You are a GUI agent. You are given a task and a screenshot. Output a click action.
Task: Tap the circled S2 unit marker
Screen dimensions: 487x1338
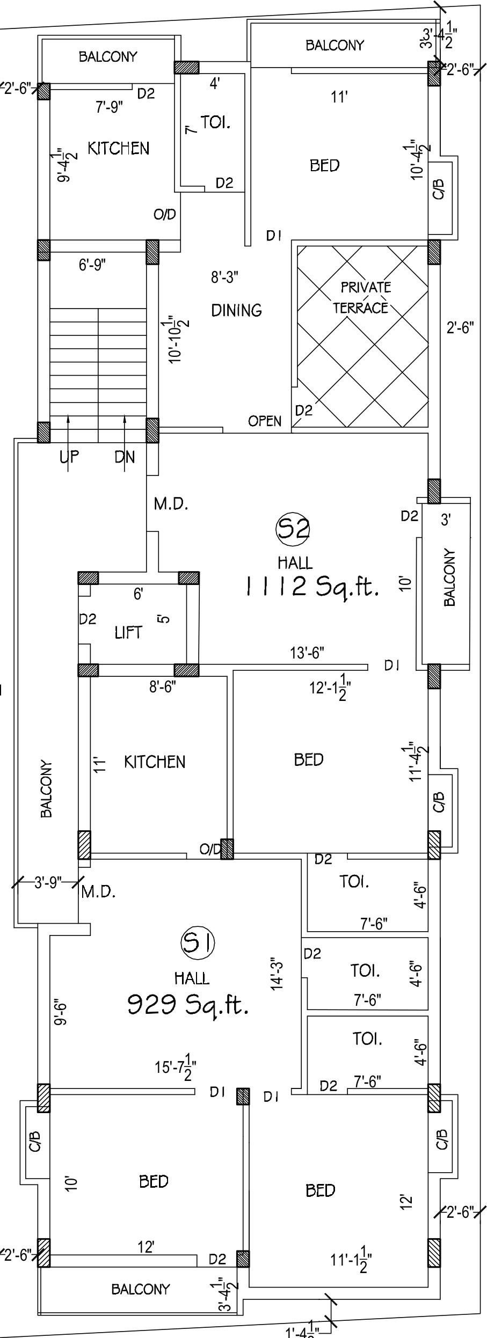click(x=293, y=529)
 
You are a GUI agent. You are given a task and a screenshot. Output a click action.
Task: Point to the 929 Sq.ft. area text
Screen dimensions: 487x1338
click(x=188, y=1004)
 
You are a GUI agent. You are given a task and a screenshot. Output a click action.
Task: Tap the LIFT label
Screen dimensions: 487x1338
click(x=128, y=633)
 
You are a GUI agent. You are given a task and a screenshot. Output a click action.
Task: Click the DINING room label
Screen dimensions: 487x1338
click(x=236, y=310)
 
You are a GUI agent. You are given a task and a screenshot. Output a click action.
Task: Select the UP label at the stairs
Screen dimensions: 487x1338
click(x=69, y=457)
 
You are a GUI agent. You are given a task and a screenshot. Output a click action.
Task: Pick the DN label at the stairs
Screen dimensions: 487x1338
click(x=125, y=457)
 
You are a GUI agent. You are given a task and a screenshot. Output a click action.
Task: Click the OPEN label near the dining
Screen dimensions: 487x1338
click(x=265, y=421)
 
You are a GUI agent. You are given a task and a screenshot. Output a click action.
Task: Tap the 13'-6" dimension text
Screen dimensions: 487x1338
click(x=307, y=653)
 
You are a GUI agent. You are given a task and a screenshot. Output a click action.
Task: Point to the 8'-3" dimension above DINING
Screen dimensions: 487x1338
click(x=224, y=277)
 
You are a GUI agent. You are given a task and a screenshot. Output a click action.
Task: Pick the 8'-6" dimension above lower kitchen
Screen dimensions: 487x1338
click(x=163, y=687)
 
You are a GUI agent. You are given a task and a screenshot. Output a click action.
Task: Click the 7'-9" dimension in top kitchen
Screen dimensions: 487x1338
click(x=110, y=107)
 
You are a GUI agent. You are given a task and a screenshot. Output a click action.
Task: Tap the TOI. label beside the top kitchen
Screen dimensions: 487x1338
click(x=216, y=123)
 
